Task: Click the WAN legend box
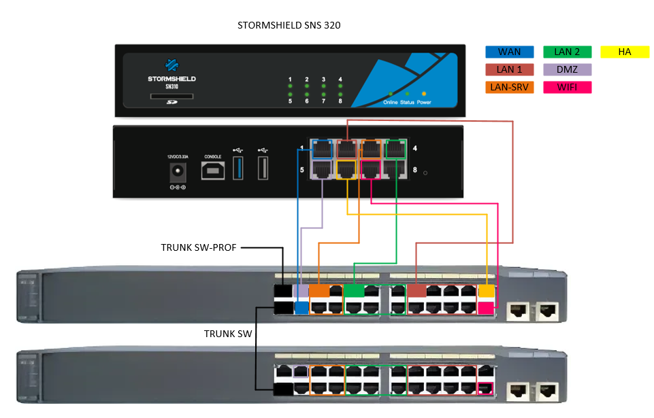click(510, 52)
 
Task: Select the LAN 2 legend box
click(568, 52)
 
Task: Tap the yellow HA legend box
click(625, 52)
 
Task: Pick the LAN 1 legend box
click(510, 69)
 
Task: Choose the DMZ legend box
click(568, 69)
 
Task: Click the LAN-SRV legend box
click(510, 87)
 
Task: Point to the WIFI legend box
click(568, 87)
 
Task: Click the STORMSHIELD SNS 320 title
click(289, 25)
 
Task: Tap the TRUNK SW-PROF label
click(199, 247)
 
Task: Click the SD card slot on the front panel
click(171, 96)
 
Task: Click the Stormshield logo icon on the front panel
click(171, 67)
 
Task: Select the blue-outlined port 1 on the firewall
click(322, 149)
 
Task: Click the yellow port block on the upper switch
click(486, 292)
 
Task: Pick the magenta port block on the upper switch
click(486, 308)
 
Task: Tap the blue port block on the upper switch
click(301, 309)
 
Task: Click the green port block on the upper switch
click(354, 292)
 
